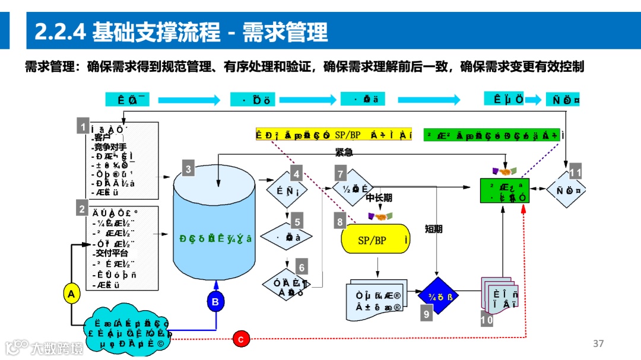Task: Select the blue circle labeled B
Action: (215, 302)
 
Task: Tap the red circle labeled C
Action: (241, 339)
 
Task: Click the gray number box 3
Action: (188, 169)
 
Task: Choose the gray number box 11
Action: (575, 173)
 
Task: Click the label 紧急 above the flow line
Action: (344, 152)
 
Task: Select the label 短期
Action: (434, 228)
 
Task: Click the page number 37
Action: (598, 343)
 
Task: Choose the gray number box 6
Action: (303, 267)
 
